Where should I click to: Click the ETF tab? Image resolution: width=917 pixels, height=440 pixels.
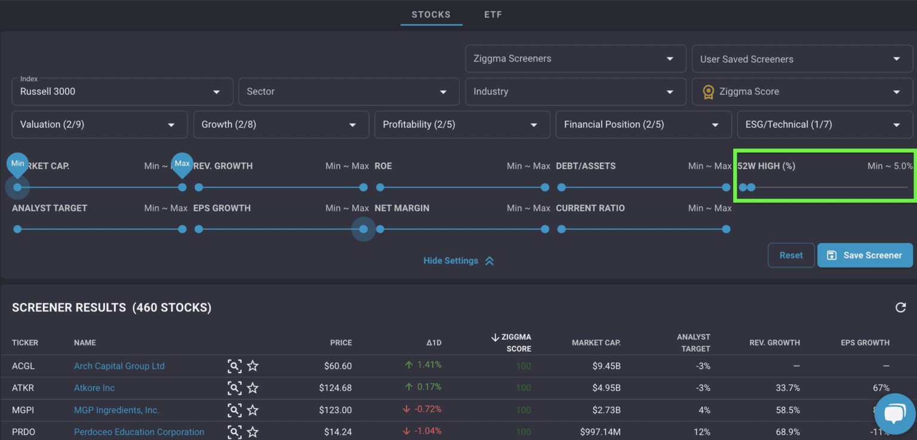493,14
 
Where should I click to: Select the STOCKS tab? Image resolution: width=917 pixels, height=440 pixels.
431,14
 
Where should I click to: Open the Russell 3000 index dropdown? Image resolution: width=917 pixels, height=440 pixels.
122,92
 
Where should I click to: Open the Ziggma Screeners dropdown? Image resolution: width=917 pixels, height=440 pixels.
575,59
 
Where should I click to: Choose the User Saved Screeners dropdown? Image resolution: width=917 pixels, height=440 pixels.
801,59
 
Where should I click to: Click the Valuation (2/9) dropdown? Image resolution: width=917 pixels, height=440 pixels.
99,124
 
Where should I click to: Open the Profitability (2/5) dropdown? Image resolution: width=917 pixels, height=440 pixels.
461,124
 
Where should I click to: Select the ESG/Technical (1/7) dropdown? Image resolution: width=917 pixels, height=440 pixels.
824,124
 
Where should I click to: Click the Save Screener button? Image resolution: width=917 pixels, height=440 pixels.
864,255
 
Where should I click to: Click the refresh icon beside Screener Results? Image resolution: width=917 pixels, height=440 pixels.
900,307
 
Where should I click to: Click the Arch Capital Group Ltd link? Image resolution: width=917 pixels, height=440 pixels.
119,366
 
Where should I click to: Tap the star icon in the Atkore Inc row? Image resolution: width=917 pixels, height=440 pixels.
253,388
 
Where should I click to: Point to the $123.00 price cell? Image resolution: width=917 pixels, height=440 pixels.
335,410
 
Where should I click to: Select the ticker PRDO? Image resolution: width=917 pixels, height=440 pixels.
23,432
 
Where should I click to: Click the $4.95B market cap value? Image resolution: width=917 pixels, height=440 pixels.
604,388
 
